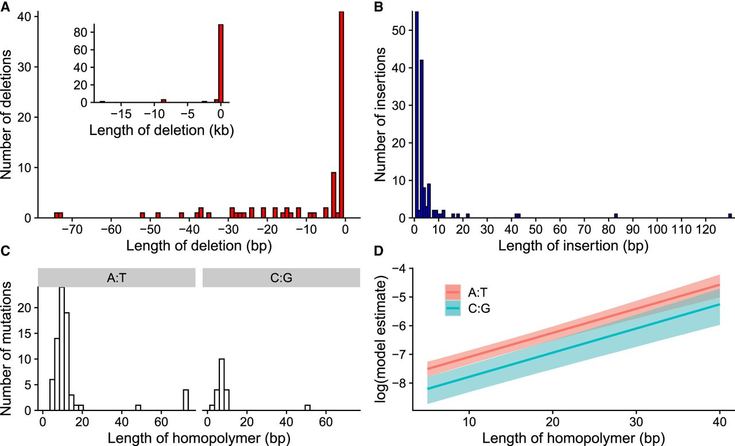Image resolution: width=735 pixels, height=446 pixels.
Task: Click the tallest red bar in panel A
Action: (x=341, y=115)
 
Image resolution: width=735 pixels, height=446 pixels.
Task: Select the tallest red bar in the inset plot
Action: (x=220, y=63)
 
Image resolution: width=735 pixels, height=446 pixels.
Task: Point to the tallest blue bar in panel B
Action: (x=416, y=115)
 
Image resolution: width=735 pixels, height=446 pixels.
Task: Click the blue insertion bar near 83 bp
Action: (x=616, y=216)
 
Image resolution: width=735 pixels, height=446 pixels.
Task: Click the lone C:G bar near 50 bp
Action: (x=308, y=408)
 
